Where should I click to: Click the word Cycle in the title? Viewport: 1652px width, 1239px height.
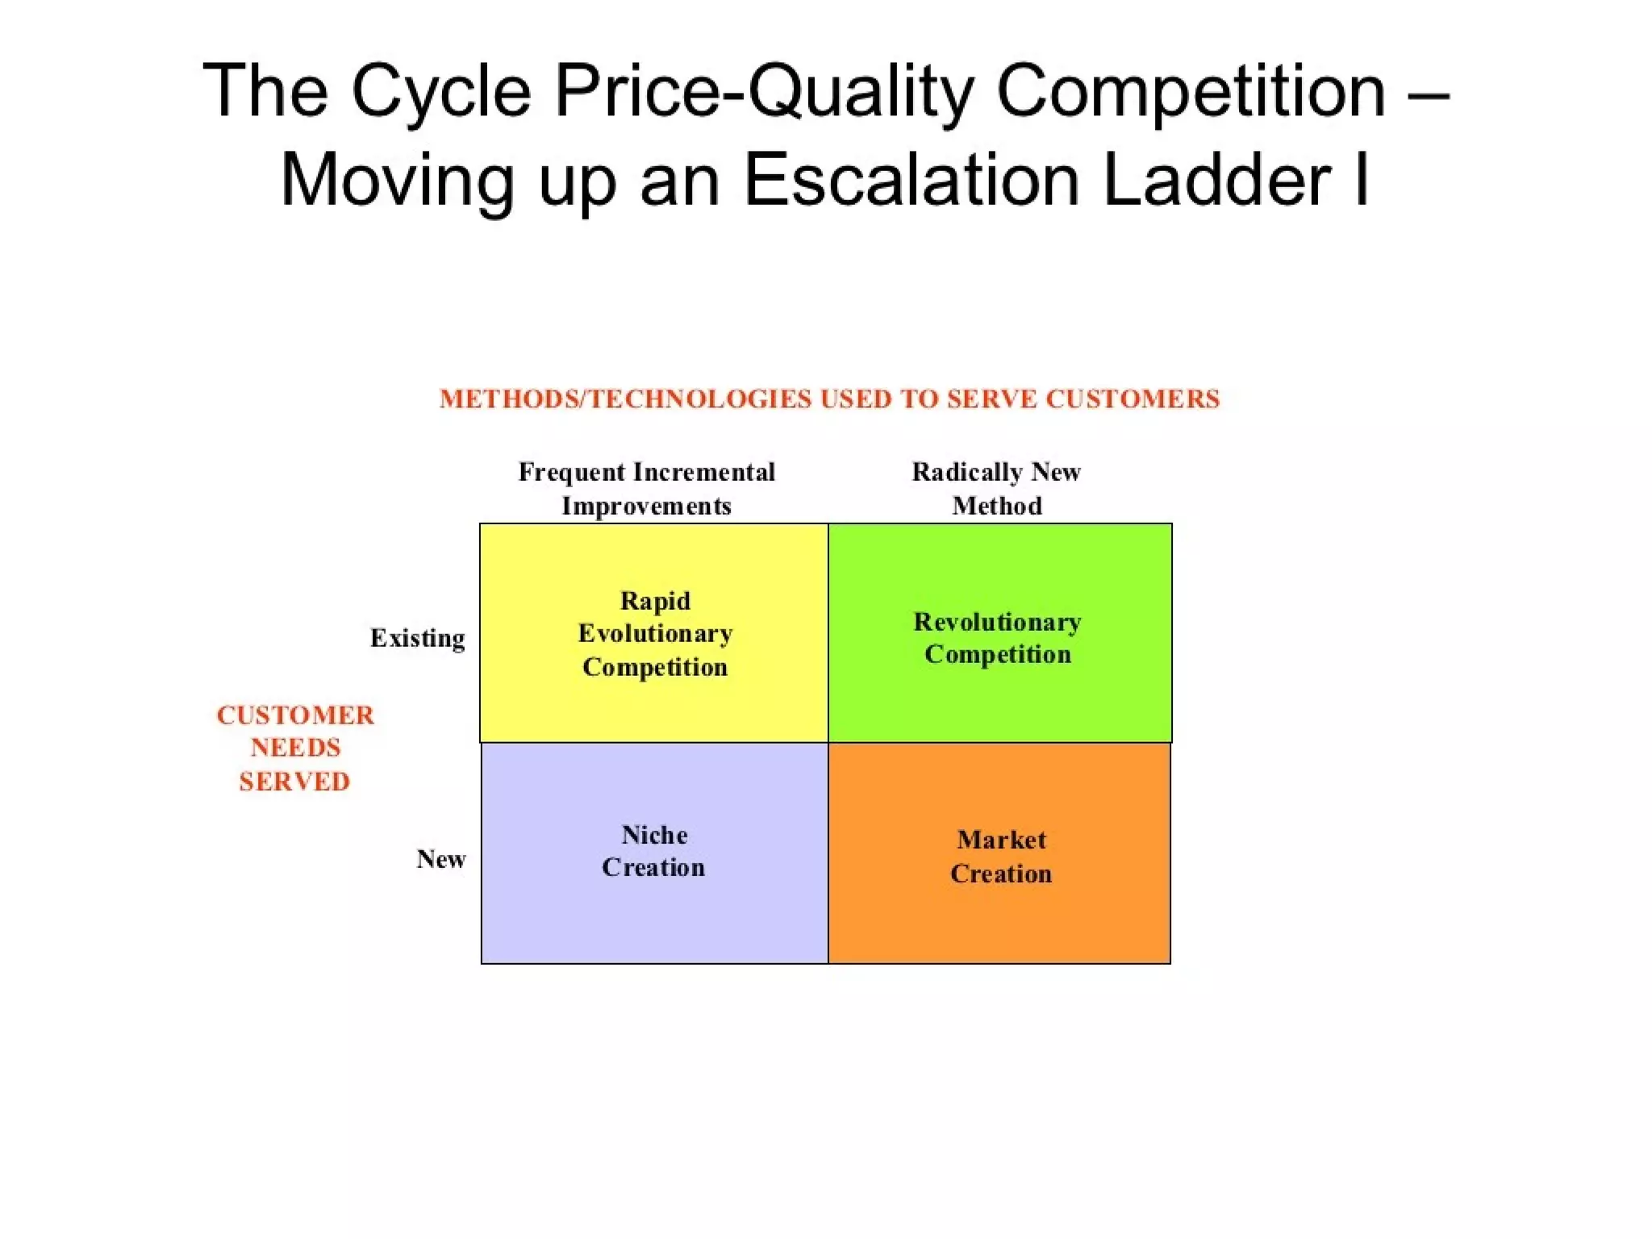440,93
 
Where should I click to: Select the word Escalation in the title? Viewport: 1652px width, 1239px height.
911,181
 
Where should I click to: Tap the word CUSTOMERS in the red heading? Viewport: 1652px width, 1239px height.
1133,399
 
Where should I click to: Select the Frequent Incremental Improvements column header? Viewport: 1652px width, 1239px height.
646,489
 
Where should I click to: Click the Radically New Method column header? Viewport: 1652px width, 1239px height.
996,489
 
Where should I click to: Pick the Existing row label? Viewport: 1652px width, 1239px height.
417,638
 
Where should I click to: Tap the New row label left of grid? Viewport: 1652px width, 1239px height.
440,859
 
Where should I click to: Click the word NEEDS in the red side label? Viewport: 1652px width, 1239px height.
295,748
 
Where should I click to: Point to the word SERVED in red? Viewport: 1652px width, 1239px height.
294,782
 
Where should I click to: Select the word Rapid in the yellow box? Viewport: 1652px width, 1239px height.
655,601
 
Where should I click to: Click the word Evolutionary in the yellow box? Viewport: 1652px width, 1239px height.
655,634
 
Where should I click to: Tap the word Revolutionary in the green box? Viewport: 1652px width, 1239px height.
997,622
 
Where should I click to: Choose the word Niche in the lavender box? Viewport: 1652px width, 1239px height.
654,835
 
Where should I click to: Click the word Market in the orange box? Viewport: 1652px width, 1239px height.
1001,840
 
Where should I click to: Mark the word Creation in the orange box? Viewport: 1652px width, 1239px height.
1001,874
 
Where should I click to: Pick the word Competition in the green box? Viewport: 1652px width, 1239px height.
998,654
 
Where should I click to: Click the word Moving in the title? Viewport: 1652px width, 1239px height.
397,181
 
